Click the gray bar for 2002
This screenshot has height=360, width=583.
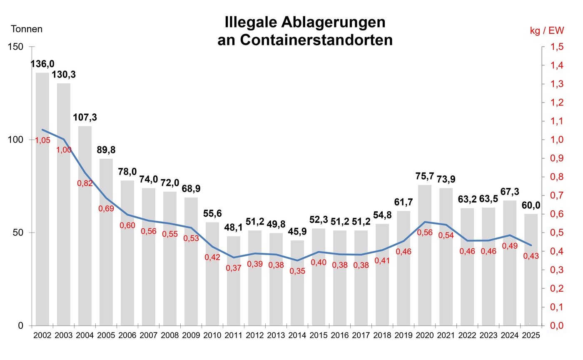(x=42, y=199)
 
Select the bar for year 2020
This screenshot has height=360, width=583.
(x=425, y=255)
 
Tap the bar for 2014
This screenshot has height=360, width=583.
(x=297, y=283)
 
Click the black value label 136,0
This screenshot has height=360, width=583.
(x=42, y=64)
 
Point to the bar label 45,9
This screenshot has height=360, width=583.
(x=297, y=232)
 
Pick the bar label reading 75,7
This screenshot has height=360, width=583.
(x=425, y=176)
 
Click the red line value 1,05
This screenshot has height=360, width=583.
(x=42, y=140)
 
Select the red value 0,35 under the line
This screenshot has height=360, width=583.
(x=297, y=271)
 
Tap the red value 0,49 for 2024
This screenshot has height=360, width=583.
(x=510, y=246)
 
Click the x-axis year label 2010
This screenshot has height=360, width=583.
(x=212, y=335)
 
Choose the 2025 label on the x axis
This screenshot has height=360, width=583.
(x=531, y=335)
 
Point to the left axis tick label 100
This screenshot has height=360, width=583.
(x=16, y=140)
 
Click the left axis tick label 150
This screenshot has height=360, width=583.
(x=16, y=47)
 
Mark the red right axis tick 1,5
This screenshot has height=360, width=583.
(x=557, y=47)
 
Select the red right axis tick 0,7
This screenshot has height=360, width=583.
(x=557, y=195)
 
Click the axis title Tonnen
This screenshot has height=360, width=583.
(x=27, y=29)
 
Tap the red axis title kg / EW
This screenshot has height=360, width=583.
(x=547, y=31)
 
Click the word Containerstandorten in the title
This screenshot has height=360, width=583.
(x=316, y=40)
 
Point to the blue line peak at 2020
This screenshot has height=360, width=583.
(x=425, y=222)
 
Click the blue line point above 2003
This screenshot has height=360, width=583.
(x=64, y=139)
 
